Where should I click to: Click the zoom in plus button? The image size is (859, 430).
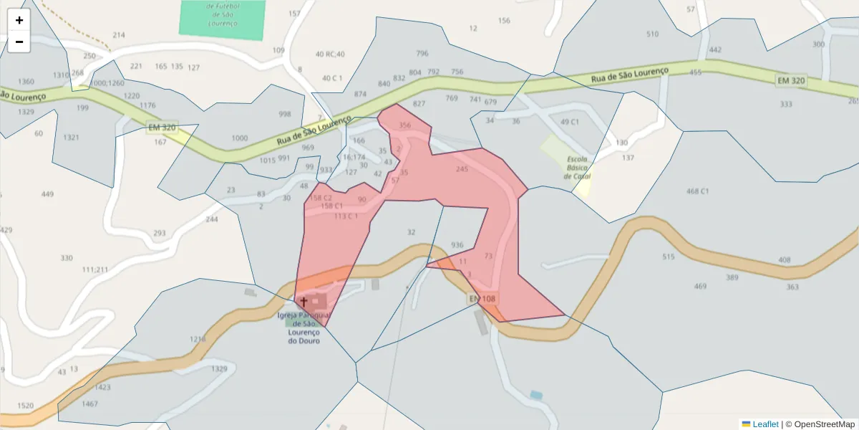click(19, 20)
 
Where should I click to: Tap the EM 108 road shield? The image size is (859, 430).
click(482, 298)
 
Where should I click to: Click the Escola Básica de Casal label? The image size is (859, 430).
click(577, 167)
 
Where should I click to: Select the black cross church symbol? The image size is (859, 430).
click(304, 302)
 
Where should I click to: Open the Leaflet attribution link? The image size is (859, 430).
click(765, 424)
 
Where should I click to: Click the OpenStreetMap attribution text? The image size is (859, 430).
click(819, 424)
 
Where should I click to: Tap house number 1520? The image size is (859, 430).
click(25, 406)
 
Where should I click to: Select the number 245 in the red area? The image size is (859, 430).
click(462, 169)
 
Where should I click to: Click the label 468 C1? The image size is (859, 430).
click(697, 191)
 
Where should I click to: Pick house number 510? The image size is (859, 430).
click(652, 34)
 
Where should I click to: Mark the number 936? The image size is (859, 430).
click(457, 245)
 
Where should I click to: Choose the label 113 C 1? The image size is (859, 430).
click(346, 216)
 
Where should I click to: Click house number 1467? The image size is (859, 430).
click(89, 404)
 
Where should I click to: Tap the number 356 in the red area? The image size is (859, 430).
click(405, 125)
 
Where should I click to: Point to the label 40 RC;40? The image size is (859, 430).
click(330, 54)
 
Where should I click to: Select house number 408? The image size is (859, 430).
click(785, 259)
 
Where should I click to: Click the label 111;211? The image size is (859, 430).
click(94, 269)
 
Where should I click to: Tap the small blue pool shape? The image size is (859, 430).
click(536, 395)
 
